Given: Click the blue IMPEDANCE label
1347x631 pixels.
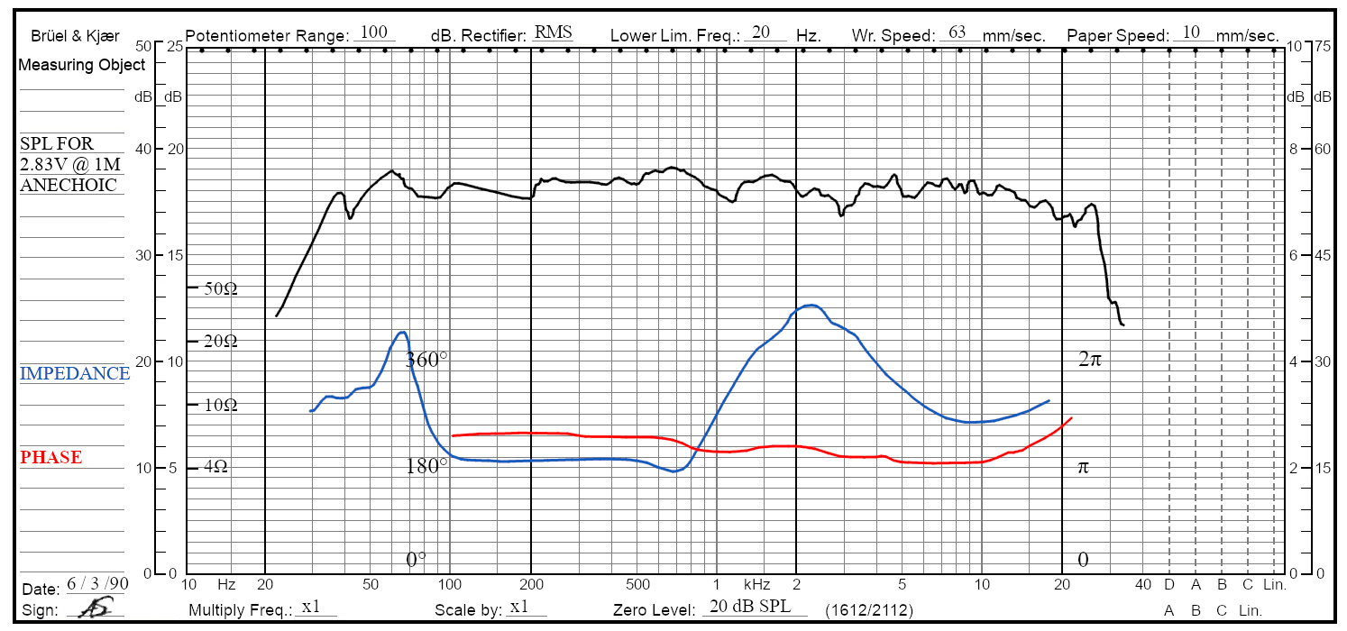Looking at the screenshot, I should [x=75, y=374].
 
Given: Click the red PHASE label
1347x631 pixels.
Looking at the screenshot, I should [x=51, y=458].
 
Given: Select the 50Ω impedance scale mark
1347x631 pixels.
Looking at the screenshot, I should [x=221, y=289].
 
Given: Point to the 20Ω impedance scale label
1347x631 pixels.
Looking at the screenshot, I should [x=221, y=342].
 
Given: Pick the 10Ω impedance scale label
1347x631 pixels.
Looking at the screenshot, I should [x=221, y=406].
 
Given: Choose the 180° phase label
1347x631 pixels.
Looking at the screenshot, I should [x=426, y=467].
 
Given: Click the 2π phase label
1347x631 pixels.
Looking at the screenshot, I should [x=1090, y=360].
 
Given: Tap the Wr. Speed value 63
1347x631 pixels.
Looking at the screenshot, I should [x=958, y=33].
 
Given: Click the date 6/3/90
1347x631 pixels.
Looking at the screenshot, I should [x=97, y=584].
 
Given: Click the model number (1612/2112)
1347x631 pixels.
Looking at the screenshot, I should [x=869, y=611].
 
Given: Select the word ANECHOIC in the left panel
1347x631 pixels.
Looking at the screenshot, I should [x=69, y=186].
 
